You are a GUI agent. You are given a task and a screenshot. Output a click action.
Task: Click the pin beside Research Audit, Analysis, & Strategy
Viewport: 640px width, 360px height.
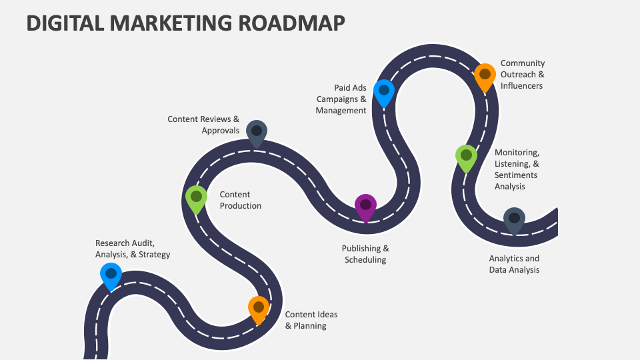pyautogui.click(x=111, y=274)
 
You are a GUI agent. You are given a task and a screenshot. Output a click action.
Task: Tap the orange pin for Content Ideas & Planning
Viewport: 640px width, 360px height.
pyautogui.click(x=259, y=308)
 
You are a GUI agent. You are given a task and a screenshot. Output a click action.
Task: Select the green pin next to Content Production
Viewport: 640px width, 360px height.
pyautogui.click(x=196, y=197)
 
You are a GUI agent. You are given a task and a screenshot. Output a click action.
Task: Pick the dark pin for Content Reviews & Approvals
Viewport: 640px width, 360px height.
pyautogui.click(x=257, y=131)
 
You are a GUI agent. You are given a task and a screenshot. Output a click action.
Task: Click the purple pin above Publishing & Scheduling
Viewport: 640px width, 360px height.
pyautogui.click(x=365, y=205)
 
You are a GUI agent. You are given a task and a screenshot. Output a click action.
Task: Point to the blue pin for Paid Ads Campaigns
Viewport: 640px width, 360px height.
pyautogui.click(x=384, y=91)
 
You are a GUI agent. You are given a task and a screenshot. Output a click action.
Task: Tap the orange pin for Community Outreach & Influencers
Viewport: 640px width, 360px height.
pyautogui.click(x=485, y=75)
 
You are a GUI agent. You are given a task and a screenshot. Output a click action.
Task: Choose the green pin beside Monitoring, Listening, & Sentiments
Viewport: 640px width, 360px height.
pyautogui.click(x=466, y=156)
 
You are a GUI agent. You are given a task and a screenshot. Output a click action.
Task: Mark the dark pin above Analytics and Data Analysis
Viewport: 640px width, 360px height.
pyautogui.click(x=514, y=219)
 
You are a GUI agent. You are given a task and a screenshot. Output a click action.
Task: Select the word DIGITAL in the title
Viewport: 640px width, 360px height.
pyautogui.click(x=65, y=23)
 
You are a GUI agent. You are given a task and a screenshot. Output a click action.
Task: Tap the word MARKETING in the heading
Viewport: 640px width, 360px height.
pyautogui.click(x=171, y=23)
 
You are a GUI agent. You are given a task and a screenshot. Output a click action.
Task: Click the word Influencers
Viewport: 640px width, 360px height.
pyautogui.click(x=521, y=86)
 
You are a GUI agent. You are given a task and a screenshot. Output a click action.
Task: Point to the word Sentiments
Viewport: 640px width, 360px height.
pyautogui.click(x=516, y=175)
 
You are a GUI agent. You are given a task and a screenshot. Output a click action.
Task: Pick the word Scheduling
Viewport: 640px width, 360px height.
pyautogui.click(x=365, y=260)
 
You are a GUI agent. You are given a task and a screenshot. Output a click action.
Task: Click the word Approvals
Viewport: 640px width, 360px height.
pyautogui.click(x=221, y=131)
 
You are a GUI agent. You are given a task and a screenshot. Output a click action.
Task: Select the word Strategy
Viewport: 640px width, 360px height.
pyautogui.click(x=154, y=255)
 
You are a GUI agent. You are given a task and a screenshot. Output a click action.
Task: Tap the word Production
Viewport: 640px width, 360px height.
pyautogui.click(x=241, y=206)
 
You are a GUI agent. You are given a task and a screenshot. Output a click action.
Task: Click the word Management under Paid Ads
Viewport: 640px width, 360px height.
pyautogui.click(x=341, y=111)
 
